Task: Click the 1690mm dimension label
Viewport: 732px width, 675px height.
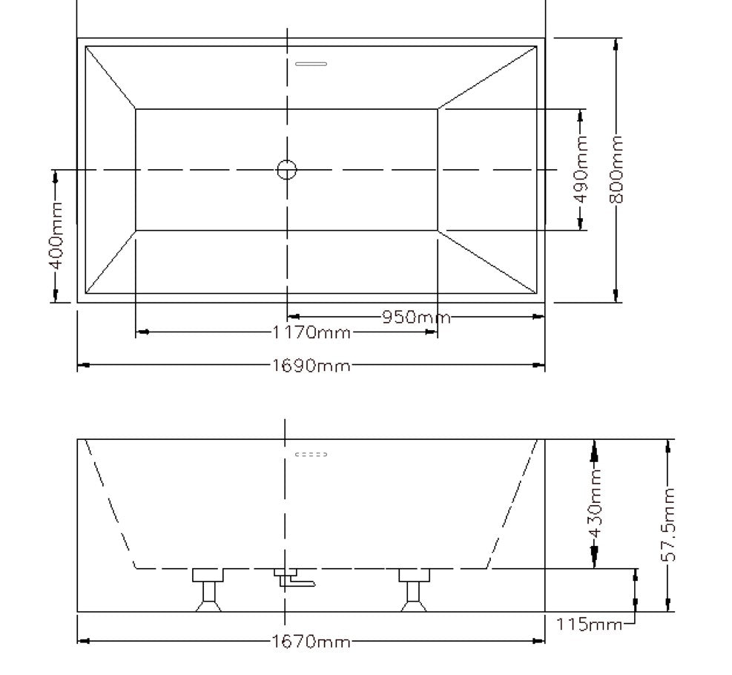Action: tap(311, 366)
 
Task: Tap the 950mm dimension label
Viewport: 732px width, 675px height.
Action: tap(416, 317)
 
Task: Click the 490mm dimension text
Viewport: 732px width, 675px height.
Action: tap(582, 170)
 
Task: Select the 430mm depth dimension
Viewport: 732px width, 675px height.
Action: tap(595, 504)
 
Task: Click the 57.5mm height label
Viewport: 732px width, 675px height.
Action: tap(669, 525)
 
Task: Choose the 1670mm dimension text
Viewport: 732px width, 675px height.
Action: tap(311, 641)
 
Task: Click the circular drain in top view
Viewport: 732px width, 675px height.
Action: tap(287, 170)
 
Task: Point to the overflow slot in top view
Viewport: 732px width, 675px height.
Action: tap(311, 64)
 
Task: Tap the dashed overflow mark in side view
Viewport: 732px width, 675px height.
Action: tap(311, 454)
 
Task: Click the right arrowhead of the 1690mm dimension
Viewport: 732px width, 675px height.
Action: tap(540, 365)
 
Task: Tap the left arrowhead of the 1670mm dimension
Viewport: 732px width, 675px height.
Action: tap(83, 641)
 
